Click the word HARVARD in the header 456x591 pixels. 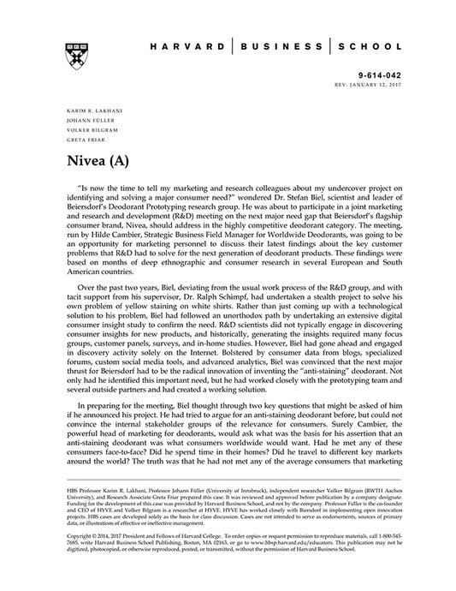tap(182, 49)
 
